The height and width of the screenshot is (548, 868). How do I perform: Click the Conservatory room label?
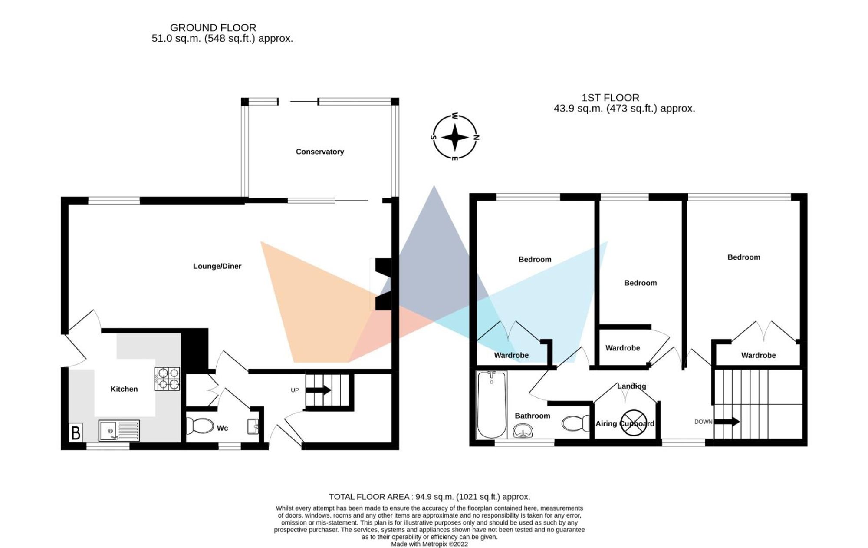pos(320,152)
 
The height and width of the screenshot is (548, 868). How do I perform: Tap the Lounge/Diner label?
pos(217,266)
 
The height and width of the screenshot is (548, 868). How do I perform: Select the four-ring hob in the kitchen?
pos(167,379)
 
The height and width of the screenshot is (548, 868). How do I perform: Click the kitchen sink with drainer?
pos(119,430)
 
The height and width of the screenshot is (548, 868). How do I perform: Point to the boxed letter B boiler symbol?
pos(76,432)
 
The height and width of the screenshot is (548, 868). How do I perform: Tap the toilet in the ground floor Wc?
pos(200,426)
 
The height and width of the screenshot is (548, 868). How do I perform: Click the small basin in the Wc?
pos(253,426)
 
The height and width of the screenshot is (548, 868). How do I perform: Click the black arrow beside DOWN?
pos(727,421)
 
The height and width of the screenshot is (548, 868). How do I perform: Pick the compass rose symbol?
pos(455,137)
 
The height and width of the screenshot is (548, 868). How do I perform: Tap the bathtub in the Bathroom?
pos(491,404)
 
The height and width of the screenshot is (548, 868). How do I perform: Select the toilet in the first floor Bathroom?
pos(575,423)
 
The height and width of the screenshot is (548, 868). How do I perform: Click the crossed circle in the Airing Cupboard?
pos(633,422)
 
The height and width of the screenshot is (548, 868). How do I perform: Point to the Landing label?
pos(631,386)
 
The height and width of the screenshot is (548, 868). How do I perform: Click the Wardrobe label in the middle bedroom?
pos(622,348)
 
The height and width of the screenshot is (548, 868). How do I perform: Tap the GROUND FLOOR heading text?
pos(213,28)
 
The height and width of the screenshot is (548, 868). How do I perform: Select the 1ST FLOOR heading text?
pos(610,98)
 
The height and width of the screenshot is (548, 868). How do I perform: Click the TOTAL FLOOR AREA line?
pos(429,497)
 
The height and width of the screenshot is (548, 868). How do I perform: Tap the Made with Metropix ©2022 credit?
pos(429,544)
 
